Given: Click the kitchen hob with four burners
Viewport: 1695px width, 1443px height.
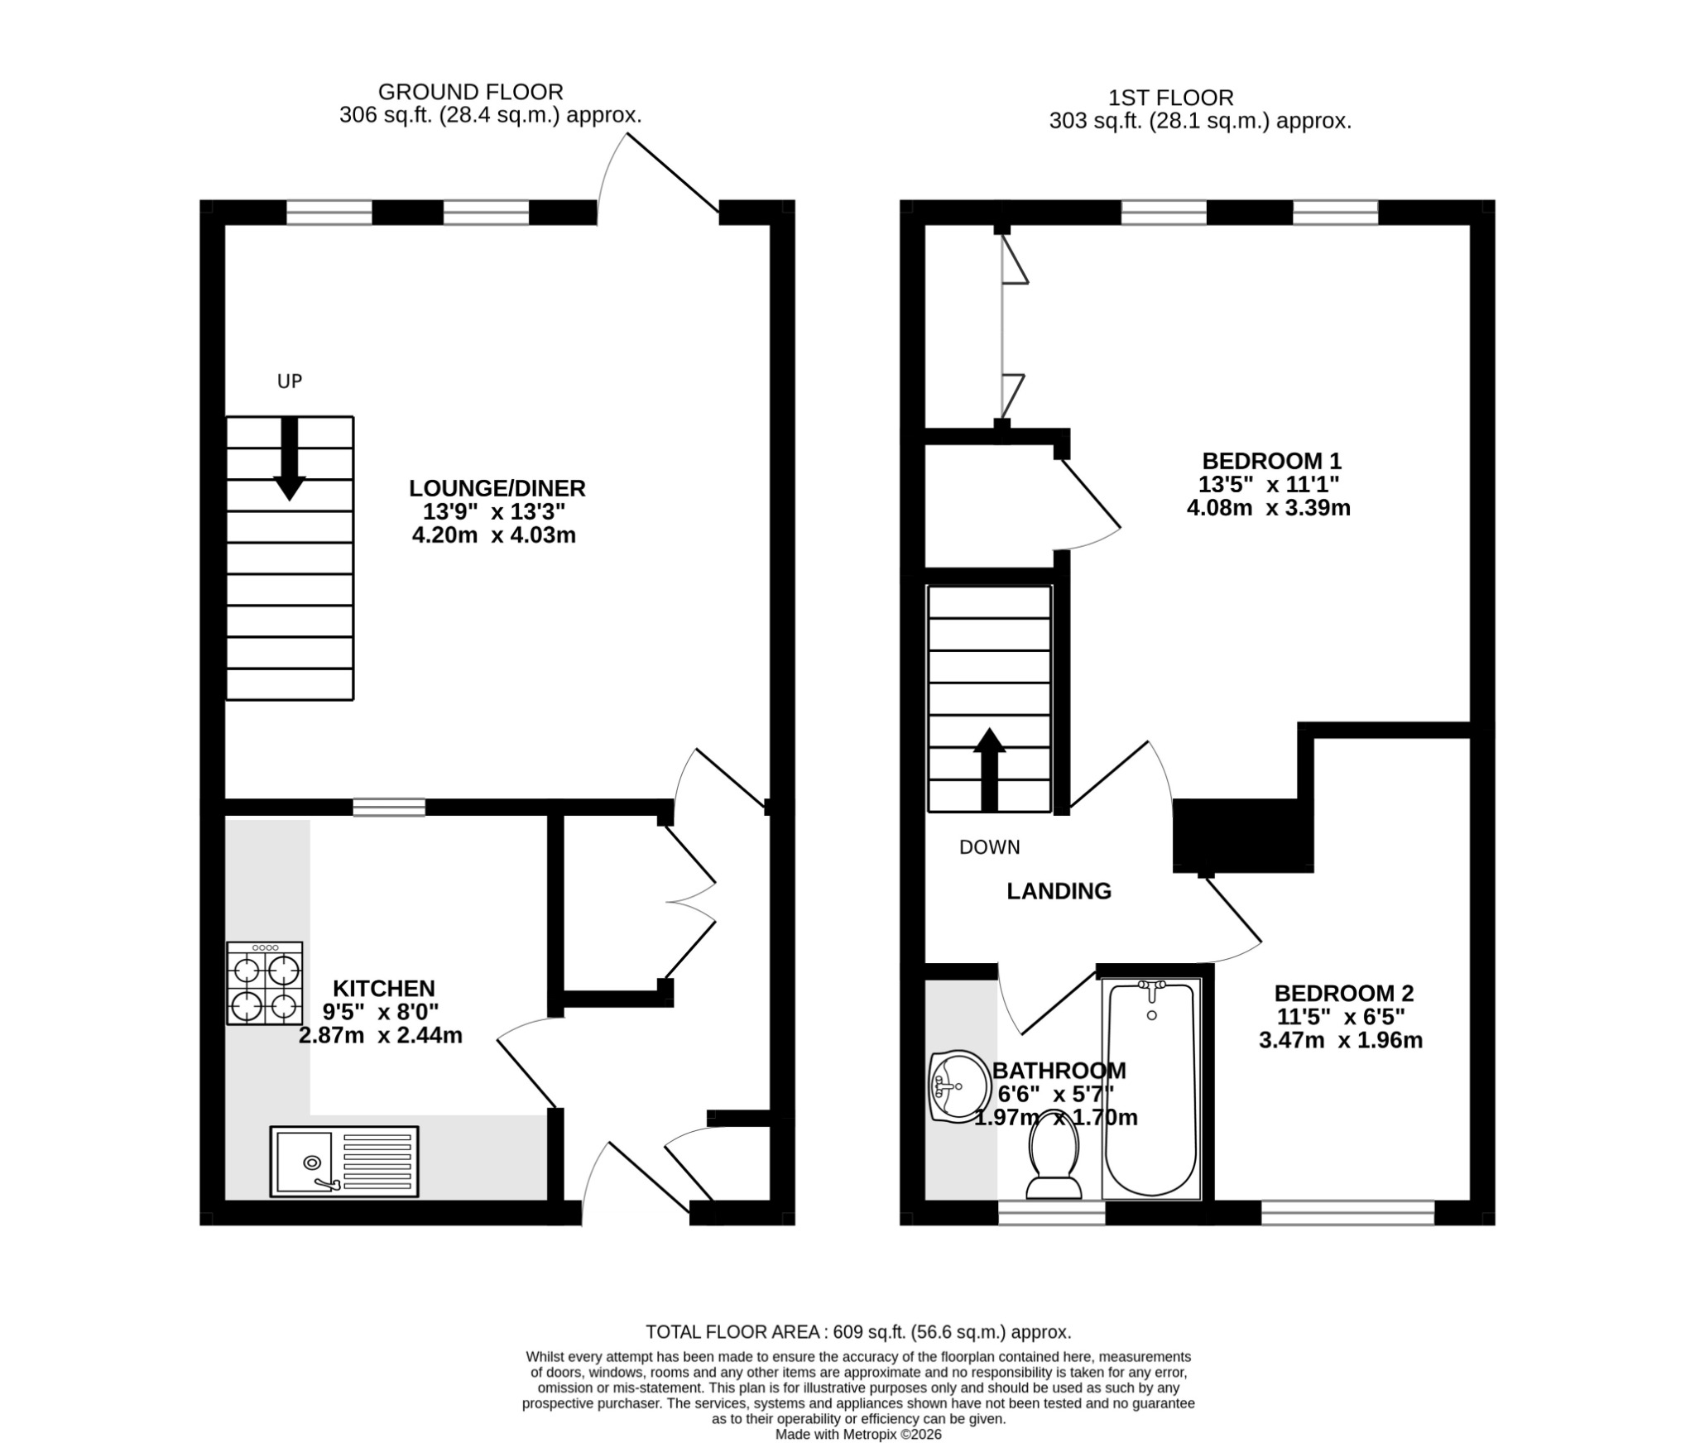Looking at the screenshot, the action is click(x=265, y=983).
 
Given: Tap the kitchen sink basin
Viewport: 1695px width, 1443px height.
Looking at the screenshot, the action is click(x=305, y=1162).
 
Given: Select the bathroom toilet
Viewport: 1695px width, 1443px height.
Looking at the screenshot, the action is click(x=1054, y=1163).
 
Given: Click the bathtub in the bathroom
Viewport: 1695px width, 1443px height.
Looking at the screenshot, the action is click(x=1150, y=1088).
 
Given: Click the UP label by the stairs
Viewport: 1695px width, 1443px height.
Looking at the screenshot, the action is click(x=290, y=381).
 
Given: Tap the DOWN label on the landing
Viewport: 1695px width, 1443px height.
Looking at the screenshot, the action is click(x=990, y=847).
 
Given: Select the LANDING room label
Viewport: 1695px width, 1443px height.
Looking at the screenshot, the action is click(x=1059, y=891).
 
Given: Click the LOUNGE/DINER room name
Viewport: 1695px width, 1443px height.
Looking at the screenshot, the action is click(x=497, y=487).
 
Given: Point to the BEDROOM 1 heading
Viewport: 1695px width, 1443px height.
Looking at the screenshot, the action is click(x=1271, y=460).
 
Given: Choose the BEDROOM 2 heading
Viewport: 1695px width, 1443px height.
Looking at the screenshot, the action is click(x=1344, y=993).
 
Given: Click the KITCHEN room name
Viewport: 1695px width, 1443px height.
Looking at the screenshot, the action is click(x=384, y=988).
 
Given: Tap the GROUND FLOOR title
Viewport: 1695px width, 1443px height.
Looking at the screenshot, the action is click(x=471, y=92).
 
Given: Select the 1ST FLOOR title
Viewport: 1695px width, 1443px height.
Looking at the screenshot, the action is click(x=1171, y=98).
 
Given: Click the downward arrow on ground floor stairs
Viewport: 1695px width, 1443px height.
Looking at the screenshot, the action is click(x=290, y=458).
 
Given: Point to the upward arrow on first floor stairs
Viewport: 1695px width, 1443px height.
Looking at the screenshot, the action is click(x=989, y=769).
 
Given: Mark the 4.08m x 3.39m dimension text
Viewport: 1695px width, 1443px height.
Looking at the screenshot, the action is click(x=1269, y=508).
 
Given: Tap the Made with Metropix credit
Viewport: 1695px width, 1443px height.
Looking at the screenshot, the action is click(x=858, y=1435).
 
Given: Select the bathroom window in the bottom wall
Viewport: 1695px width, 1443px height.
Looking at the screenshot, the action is click(x=1051, y=1213).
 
